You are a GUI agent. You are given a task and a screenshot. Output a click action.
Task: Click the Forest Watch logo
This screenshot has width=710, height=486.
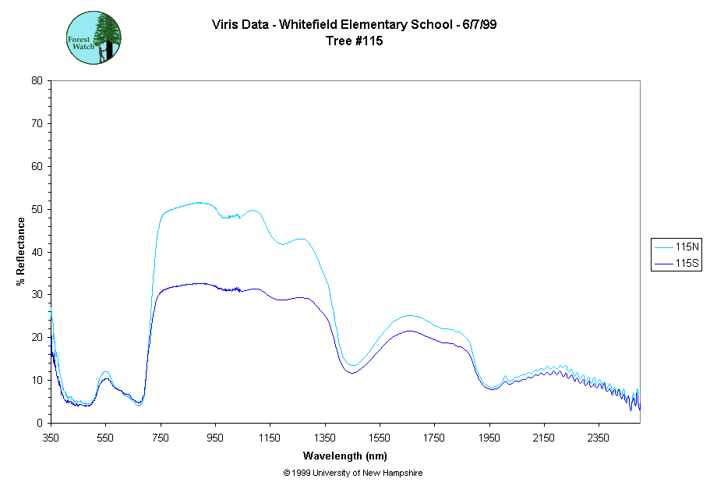click(x=94, y=37)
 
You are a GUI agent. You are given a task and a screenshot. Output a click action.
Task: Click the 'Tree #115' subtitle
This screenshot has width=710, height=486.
click(x=355, y=41)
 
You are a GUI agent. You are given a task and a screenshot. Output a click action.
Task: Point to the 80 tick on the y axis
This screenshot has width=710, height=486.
click(x=37, y=80)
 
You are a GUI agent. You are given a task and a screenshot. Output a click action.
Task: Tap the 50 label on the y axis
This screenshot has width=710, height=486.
click(x=37, y=209)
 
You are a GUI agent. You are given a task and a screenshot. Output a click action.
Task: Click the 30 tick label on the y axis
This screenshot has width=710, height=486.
click(x=37, y=295)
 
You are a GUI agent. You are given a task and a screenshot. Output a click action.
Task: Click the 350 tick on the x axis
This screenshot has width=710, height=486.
click(x=51, y=437)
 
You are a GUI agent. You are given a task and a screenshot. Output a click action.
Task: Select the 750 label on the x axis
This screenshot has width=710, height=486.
click(x=161, y=437)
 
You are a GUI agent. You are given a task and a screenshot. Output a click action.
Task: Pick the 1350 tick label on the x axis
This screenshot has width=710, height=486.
click(x=325, y=437)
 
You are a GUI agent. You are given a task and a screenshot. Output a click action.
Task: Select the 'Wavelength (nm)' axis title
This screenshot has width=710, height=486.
click(x=345, y=456)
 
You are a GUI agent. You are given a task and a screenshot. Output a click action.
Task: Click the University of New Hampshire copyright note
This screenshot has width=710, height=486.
click(x=353, y=473)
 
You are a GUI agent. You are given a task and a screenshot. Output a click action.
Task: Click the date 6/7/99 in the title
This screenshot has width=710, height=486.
click(x=479, y=24)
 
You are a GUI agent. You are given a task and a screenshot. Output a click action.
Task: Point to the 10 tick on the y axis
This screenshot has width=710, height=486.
click(x=37, y=380)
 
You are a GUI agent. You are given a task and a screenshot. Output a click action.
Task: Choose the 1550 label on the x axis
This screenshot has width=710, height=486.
click(x=380, y=437)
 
